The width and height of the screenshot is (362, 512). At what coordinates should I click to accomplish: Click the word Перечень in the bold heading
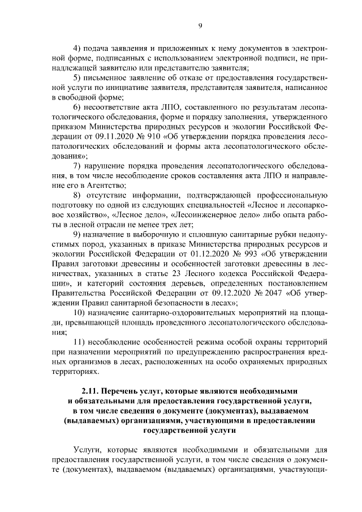click(x=124, y=391)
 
